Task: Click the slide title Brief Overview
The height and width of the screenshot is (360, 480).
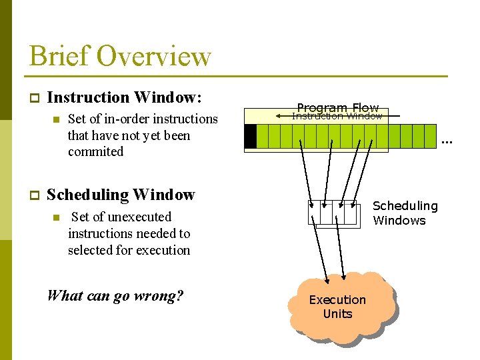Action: (120, 56)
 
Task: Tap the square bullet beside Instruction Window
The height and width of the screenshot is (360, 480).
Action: (33, 98)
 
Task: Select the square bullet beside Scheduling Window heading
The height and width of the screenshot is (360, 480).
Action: (33, 195)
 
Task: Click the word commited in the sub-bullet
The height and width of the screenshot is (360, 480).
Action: (95, 151)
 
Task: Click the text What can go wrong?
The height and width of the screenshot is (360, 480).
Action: (115, 295)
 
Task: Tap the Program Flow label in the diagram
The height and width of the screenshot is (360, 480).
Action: (337, 107)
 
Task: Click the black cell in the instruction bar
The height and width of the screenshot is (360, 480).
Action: (250, 137)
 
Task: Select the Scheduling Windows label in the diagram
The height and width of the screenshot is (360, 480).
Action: (404, 213)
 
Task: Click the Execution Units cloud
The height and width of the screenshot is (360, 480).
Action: (338, 307)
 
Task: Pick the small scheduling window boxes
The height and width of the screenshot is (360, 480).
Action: (333, 213)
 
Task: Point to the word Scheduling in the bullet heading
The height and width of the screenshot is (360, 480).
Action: (80, 195)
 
